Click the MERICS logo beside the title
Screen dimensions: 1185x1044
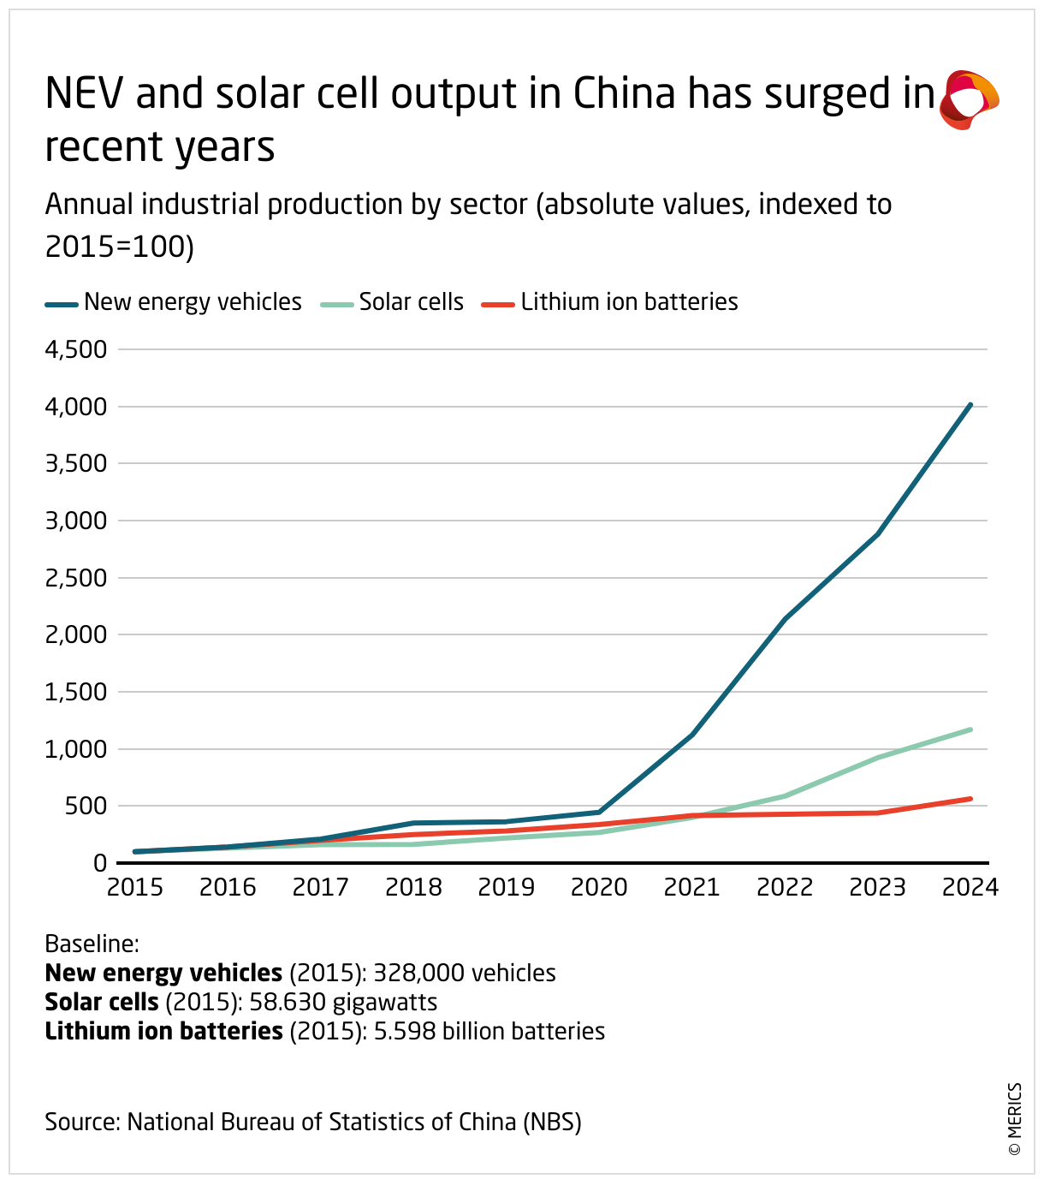[969, 99]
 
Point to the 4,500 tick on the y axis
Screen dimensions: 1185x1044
[75, 349]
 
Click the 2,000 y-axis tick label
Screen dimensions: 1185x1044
[75, 634]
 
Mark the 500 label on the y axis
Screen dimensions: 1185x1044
[87, 806]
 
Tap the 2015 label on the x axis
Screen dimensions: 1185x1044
[135, 887]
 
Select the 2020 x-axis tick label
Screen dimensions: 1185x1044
[599, 887]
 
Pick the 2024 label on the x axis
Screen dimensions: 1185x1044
[970, 887]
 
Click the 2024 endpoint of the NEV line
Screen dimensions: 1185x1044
[970, 405]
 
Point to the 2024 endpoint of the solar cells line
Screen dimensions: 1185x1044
[970, 729]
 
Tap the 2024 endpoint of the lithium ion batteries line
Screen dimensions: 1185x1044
[970, 799]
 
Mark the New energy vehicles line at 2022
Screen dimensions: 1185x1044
[785, 618]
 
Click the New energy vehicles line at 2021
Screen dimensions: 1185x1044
[692, 734]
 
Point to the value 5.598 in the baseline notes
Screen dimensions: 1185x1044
[401, 1032]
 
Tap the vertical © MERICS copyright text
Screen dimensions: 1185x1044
[1015, 1119]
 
